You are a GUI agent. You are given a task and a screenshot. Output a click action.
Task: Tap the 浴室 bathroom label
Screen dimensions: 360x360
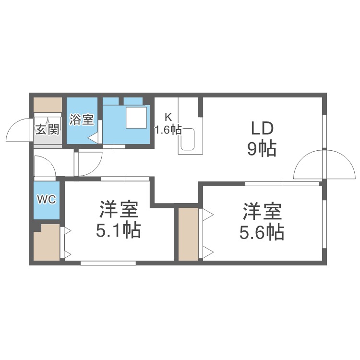tap(81, 120)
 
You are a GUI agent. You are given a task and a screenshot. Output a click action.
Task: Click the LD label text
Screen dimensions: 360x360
tap(262, 129)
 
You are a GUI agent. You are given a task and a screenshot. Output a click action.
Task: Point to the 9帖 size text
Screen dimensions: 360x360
tap(262, 150)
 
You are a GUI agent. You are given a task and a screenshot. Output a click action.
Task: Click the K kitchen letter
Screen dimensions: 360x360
tap(168, 117)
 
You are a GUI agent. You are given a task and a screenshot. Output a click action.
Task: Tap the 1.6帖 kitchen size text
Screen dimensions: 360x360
tap(168, 130)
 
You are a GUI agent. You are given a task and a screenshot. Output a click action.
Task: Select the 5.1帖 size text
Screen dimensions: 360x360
tap(119, 231)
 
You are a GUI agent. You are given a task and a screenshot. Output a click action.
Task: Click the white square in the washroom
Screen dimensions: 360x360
tap(136, 117)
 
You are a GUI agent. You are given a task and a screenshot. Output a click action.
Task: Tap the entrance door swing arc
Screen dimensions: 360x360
tap(17, 131)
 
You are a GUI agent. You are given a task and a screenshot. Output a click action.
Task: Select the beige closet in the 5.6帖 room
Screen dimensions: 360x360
tap(189, 234)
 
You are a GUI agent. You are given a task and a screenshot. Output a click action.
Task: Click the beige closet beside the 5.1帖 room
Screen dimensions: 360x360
tap(47, 242)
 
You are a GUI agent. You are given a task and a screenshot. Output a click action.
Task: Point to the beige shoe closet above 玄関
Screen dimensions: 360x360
tap(48, 105)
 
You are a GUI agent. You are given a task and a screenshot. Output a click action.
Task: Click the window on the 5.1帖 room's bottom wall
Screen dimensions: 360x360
tap(108, 263)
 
